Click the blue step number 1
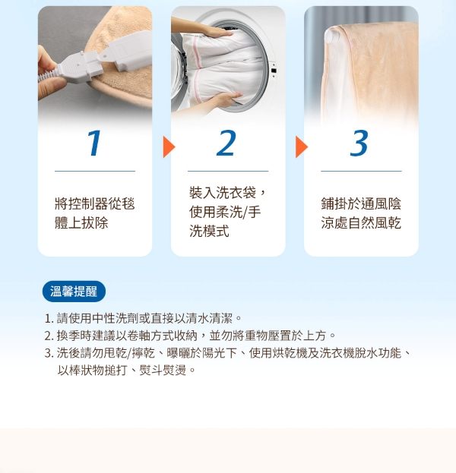coord(94,143)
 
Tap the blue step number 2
coord(226,143)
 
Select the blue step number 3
coord(359,143)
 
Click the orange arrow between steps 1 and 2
coord(169,147)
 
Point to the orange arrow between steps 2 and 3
coord(302,147)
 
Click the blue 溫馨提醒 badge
coord(74,292)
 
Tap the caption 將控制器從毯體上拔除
coord(94,213)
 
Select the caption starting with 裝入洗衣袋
coord(227,212)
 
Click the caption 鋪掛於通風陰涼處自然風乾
coord(361,213)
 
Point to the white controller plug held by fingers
coord(79,68)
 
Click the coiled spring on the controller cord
coord(47,76)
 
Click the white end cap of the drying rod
coord(331,36)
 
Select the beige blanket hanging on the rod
coord(375,72)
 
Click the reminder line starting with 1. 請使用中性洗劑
coord(143,318)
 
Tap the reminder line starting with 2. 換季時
coord(190,336)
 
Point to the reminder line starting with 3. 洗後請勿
coord(228,353)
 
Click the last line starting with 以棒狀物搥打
coord(127,371)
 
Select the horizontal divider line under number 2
coord(228,171)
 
